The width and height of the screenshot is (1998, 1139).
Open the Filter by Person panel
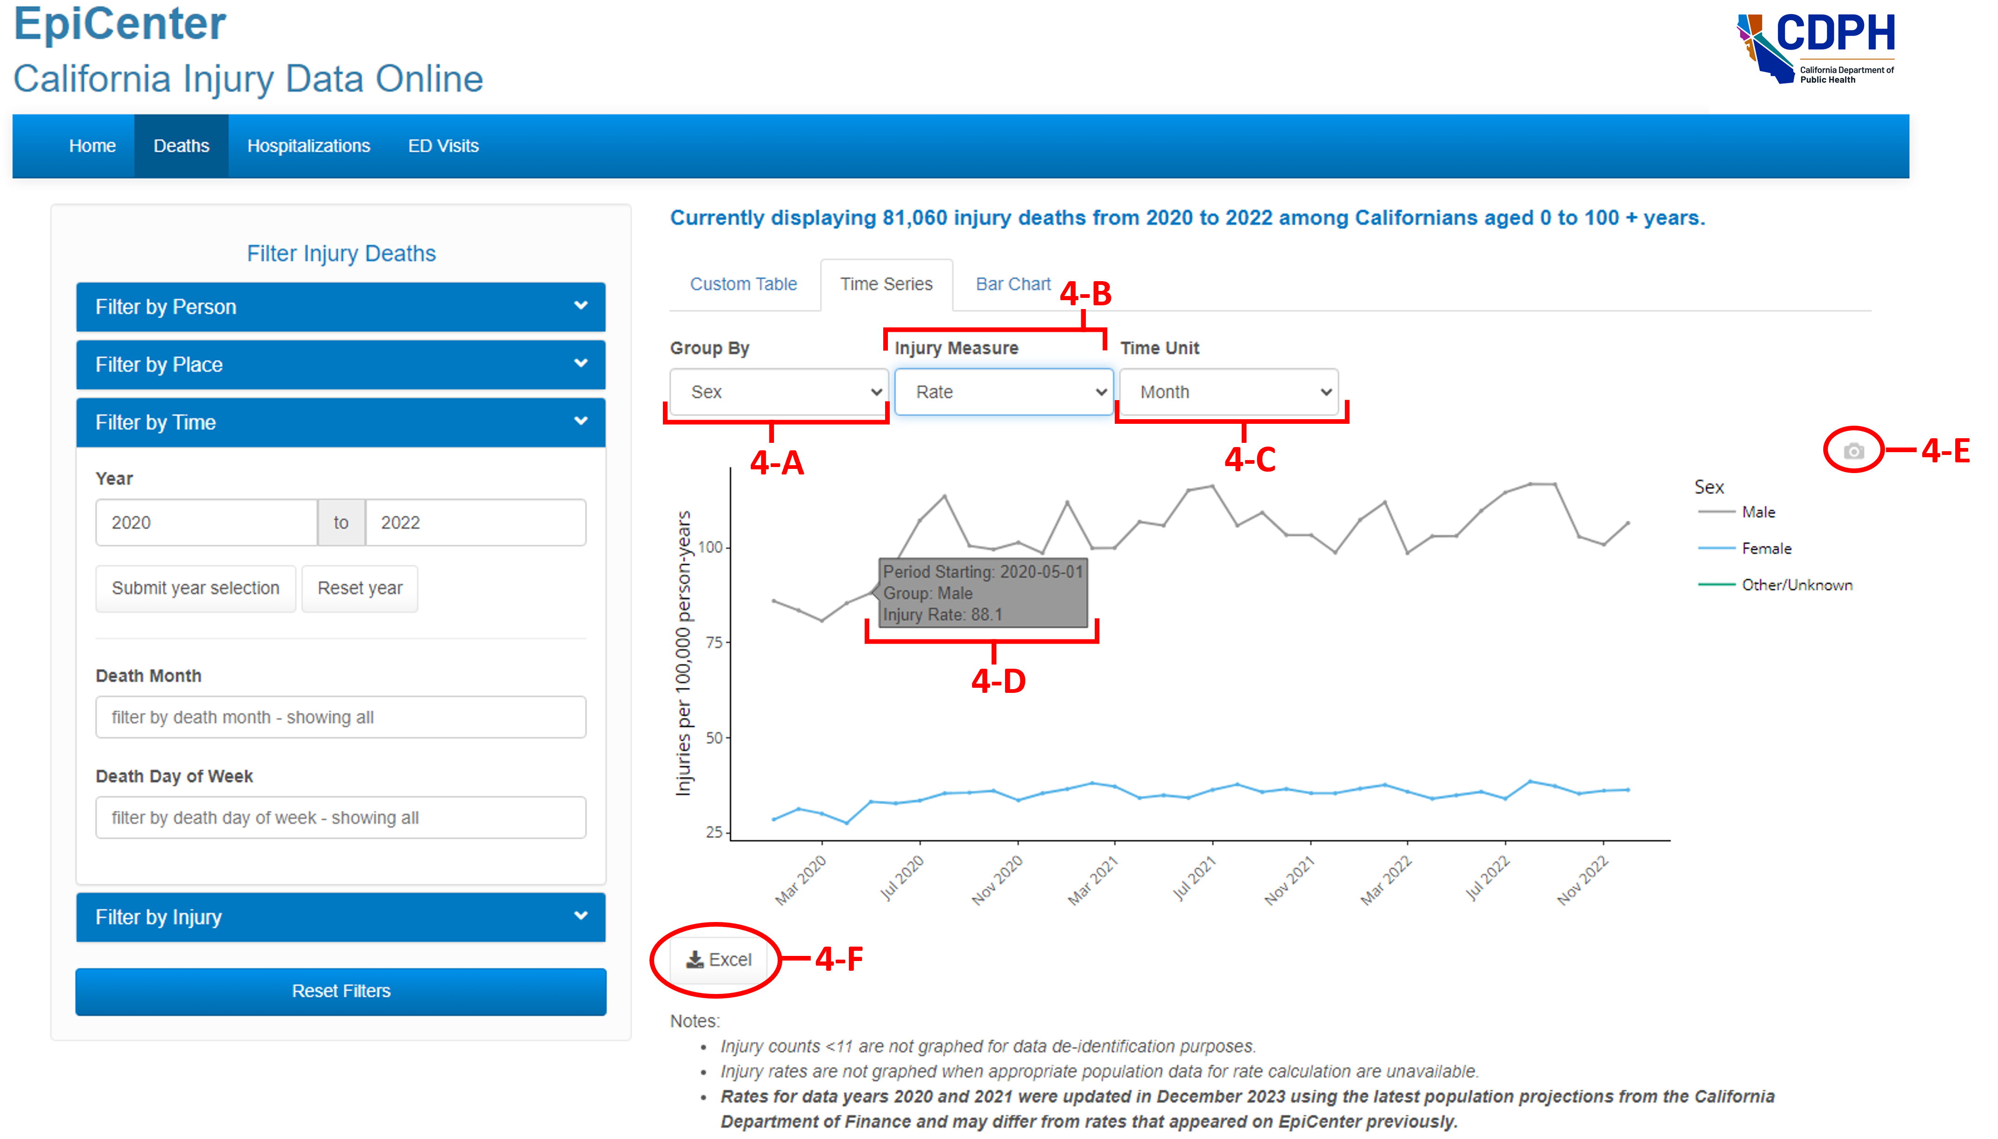[x=340, y=307]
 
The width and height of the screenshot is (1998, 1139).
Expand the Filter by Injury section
[x=340, y=917]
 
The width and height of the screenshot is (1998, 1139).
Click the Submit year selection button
[x=196, y=588]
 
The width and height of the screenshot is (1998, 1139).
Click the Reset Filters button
[x=340, y=991]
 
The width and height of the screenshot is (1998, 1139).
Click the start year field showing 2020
[x=206, y=522]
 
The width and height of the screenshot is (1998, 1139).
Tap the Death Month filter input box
[x=340, y=718]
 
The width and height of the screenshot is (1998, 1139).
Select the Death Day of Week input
[x=340, y=817]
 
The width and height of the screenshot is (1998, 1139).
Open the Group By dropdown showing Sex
[x=778, y=392]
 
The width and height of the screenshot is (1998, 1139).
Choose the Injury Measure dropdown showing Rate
[x=1004, y=392]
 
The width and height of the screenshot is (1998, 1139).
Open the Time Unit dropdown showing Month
[x=1228, y=392]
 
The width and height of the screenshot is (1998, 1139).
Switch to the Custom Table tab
[x=743, y=284]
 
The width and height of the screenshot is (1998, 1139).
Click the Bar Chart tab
[x=1012, y=284]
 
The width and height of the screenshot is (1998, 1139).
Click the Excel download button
[x=719, y=960]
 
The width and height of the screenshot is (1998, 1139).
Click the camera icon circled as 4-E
[x=1853, y=451]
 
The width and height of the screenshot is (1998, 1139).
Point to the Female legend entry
[x=1766, y=548]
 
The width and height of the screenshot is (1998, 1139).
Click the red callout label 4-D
[x=998, y=681]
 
